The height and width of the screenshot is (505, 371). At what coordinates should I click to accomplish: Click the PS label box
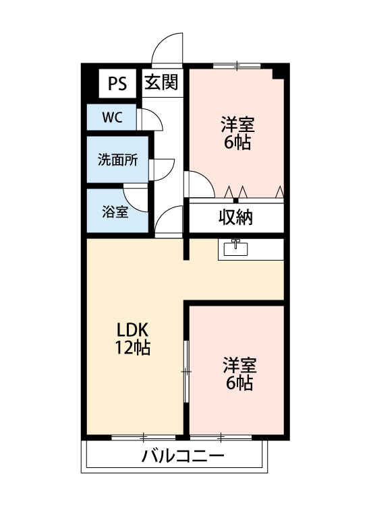coord(117,83)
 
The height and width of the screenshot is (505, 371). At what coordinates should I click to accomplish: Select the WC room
coord(112,117)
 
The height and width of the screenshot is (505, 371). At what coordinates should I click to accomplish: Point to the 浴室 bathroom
coord(115,211)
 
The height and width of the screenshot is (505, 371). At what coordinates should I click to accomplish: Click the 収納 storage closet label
coord(235,217)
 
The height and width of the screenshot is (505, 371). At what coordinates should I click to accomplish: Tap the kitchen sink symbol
coord(236,248)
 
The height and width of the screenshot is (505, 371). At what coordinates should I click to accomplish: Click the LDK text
coord(132,331)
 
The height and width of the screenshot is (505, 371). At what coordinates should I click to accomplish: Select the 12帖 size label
coord(132,348)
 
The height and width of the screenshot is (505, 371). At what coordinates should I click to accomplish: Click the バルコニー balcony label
coord(182,457)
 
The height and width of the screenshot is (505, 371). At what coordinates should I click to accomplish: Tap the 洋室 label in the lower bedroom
coord(239,366)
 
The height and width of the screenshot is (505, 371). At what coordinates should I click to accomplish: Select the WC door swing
coord(152,119)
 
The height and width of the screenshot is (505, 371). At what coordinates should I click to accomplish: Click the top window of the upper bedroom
coord(237,65)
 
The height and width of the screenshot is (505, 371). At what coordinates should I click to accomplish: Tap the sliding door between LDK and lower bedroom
coord(187,371)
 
